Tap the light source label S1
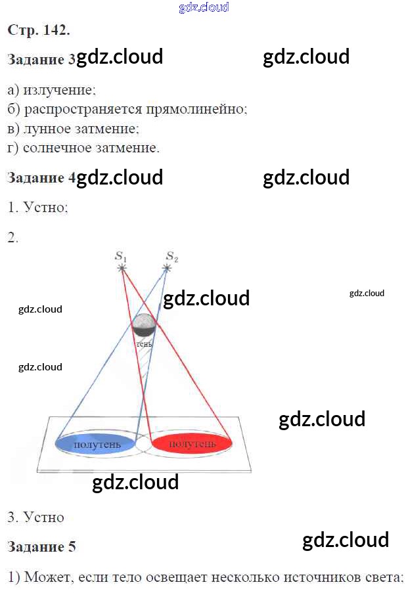point(121,255)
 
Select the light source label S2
point(171,255)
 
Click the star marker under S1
point(122,268)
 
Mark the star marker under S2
point(168,268)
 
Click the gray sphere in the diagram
point(144,325)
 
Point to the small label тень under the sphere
point(144,343)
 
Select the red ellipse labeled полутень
point(192,445)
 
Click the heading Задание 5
point(41,546)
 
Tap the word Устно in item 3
point(43,517)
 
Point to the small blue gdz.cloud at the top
point(204,8)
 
